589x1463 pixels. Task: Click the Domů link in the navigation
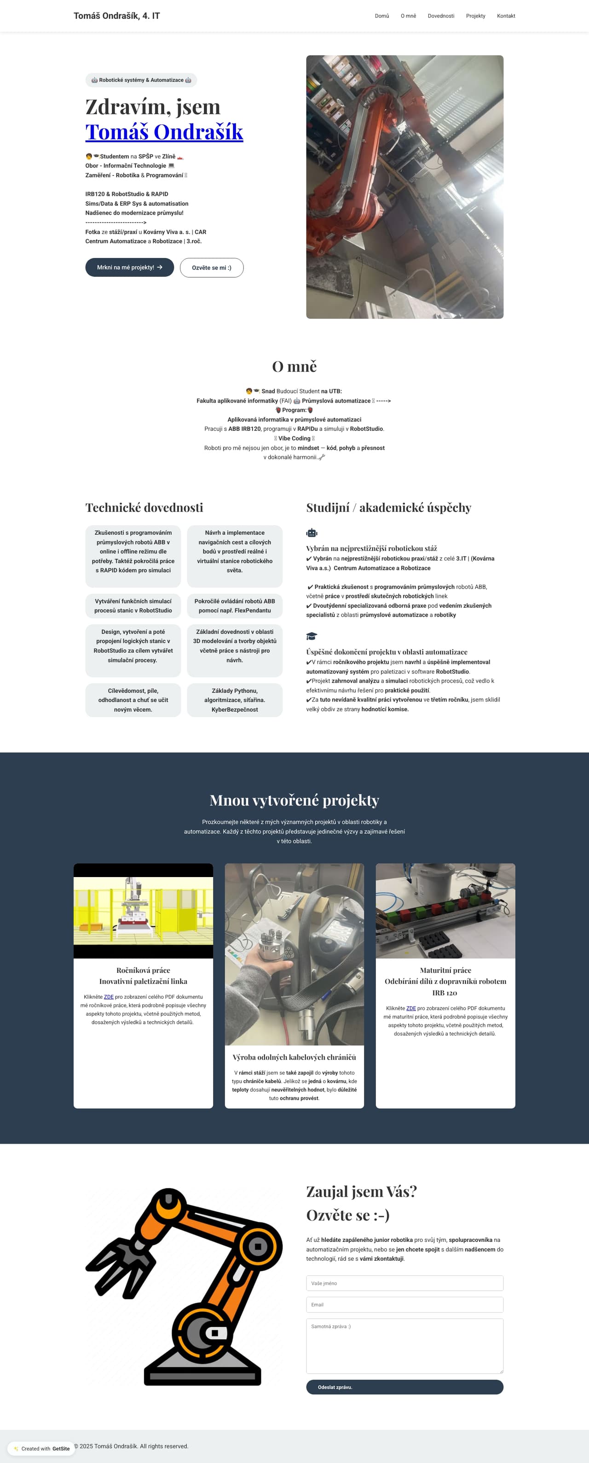pos(382,16)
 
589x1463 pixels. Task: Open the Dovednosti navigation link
pos(441,16)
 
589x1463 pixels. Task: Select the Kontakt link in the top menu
pos(506,16)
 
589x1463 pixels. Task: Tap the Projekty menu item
pos(475,16)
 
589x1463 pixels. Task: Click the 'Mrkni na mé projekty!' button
pos(129,268)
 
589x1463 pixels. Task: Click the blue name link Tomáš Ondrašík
pos(164,132)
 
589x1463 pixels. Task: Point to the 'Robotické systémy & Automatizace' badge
pos(141,80)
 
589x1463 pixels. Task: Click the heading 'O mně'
pos(294,366)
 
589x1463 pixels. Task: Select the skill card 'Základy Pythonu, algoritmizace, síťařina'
pos(234,700)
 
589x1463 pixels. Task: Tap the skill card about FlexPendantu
pos(234,605)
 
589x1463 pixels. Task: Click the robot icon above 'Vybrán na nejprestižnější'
pos(312,533)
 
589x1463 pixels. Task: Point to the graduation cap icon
pos(312,636)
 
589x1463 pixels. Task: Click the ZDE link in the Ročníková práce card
pos(109,997)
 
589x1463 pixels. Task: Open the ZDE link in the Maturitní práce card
pos(411,1008)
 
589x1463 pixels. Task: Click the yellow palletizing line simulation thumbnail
pos(143,911)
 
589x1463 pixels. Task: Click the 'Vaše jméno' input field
pos(404,1283)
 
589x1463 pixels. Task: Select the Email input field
pos(404,1305)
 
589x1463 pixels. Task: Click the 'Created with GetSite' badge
pos(42,1448)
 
